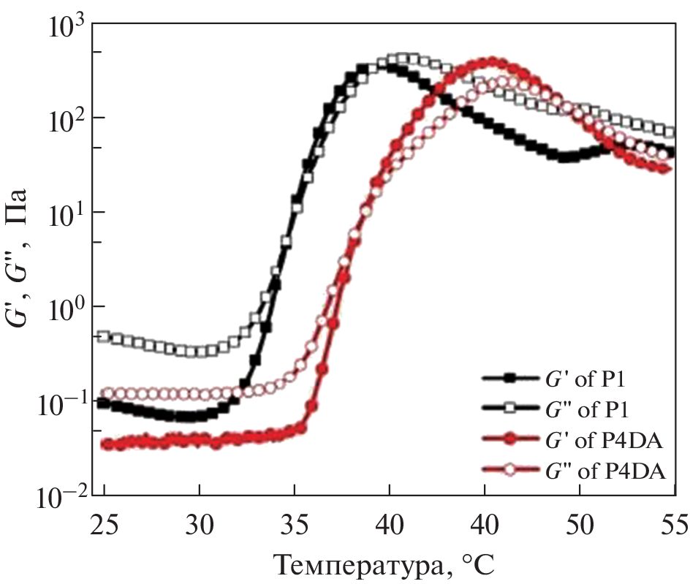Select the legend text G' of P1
tap(580, 378)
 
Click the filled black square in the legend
tap(510, 378)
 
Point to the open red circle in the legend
tap(510, 471)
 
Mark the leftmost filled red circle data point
tap(107, 444)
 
